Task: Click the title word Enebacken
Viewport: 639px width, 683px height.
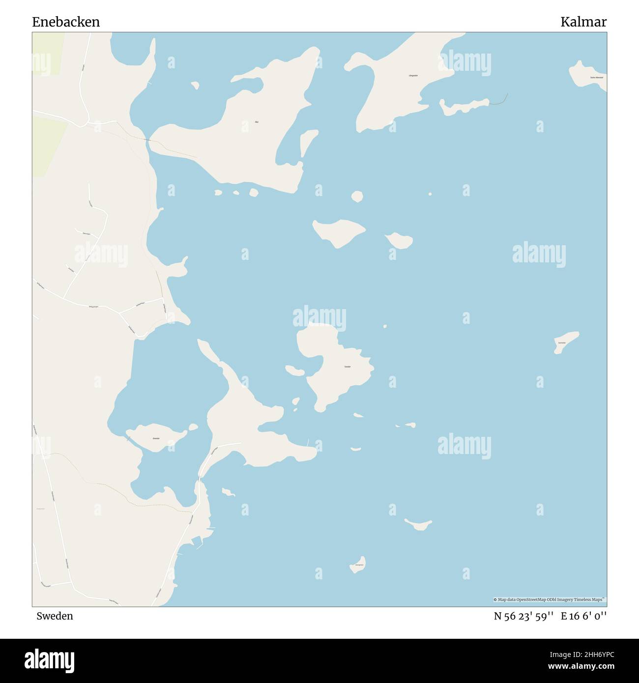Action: pyautogui.click(x=66, y=22)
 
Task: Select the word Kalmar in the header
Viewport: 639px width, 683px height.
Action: pyautogui.click(x=583, y=22)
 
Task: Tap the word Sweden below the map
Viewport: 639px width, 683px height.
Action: pyautogui.click(x=55, y=616)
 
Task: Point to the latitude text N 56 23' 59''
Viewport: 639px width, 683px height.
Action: pyautogui.click(x=524, y=616)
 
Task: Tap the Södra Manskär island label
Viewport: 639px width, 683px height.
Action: pyautogui.click(x=597, y=78)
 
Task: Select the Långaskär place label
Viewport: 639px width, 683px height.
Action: pyautogui.click(x=413, y=76)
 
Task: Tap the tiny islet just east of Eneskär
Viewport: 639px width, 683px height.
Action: pyautogui.click(x=193, y=427)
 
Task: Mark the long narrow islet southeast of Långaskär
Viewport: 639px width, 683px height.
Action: pyautogui.click(x=463, y=106)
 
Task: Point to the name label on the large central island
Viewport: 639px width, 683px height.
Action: pyautogui.click(x=347, y=367)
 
